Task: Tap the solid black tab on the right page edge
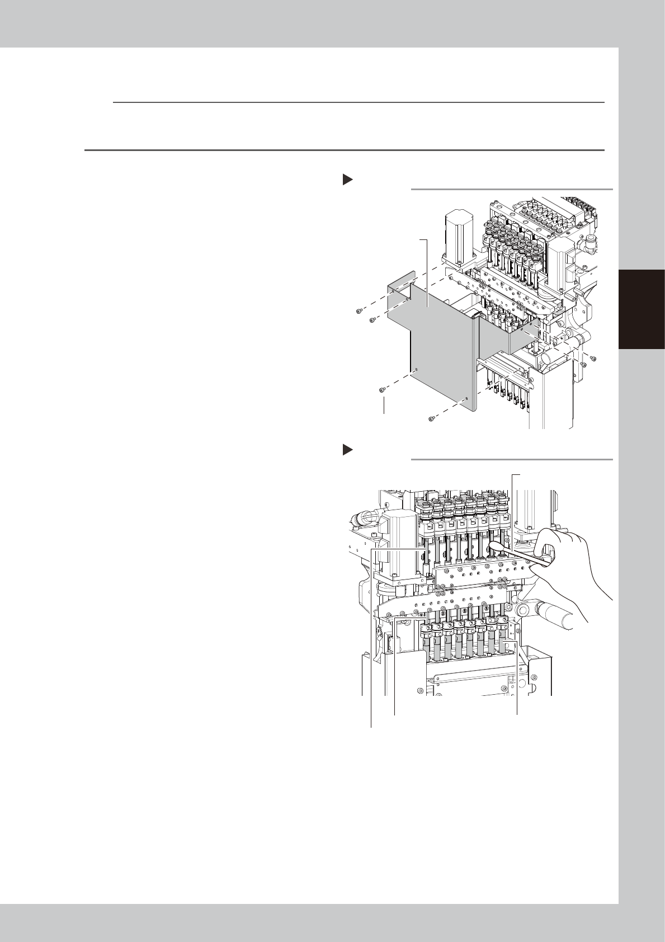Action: [x=642, y=310]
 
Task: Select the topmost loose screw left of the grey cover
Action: [x=360, y=310]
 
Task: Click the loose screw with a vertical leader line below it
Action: [x=382, y=389]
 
